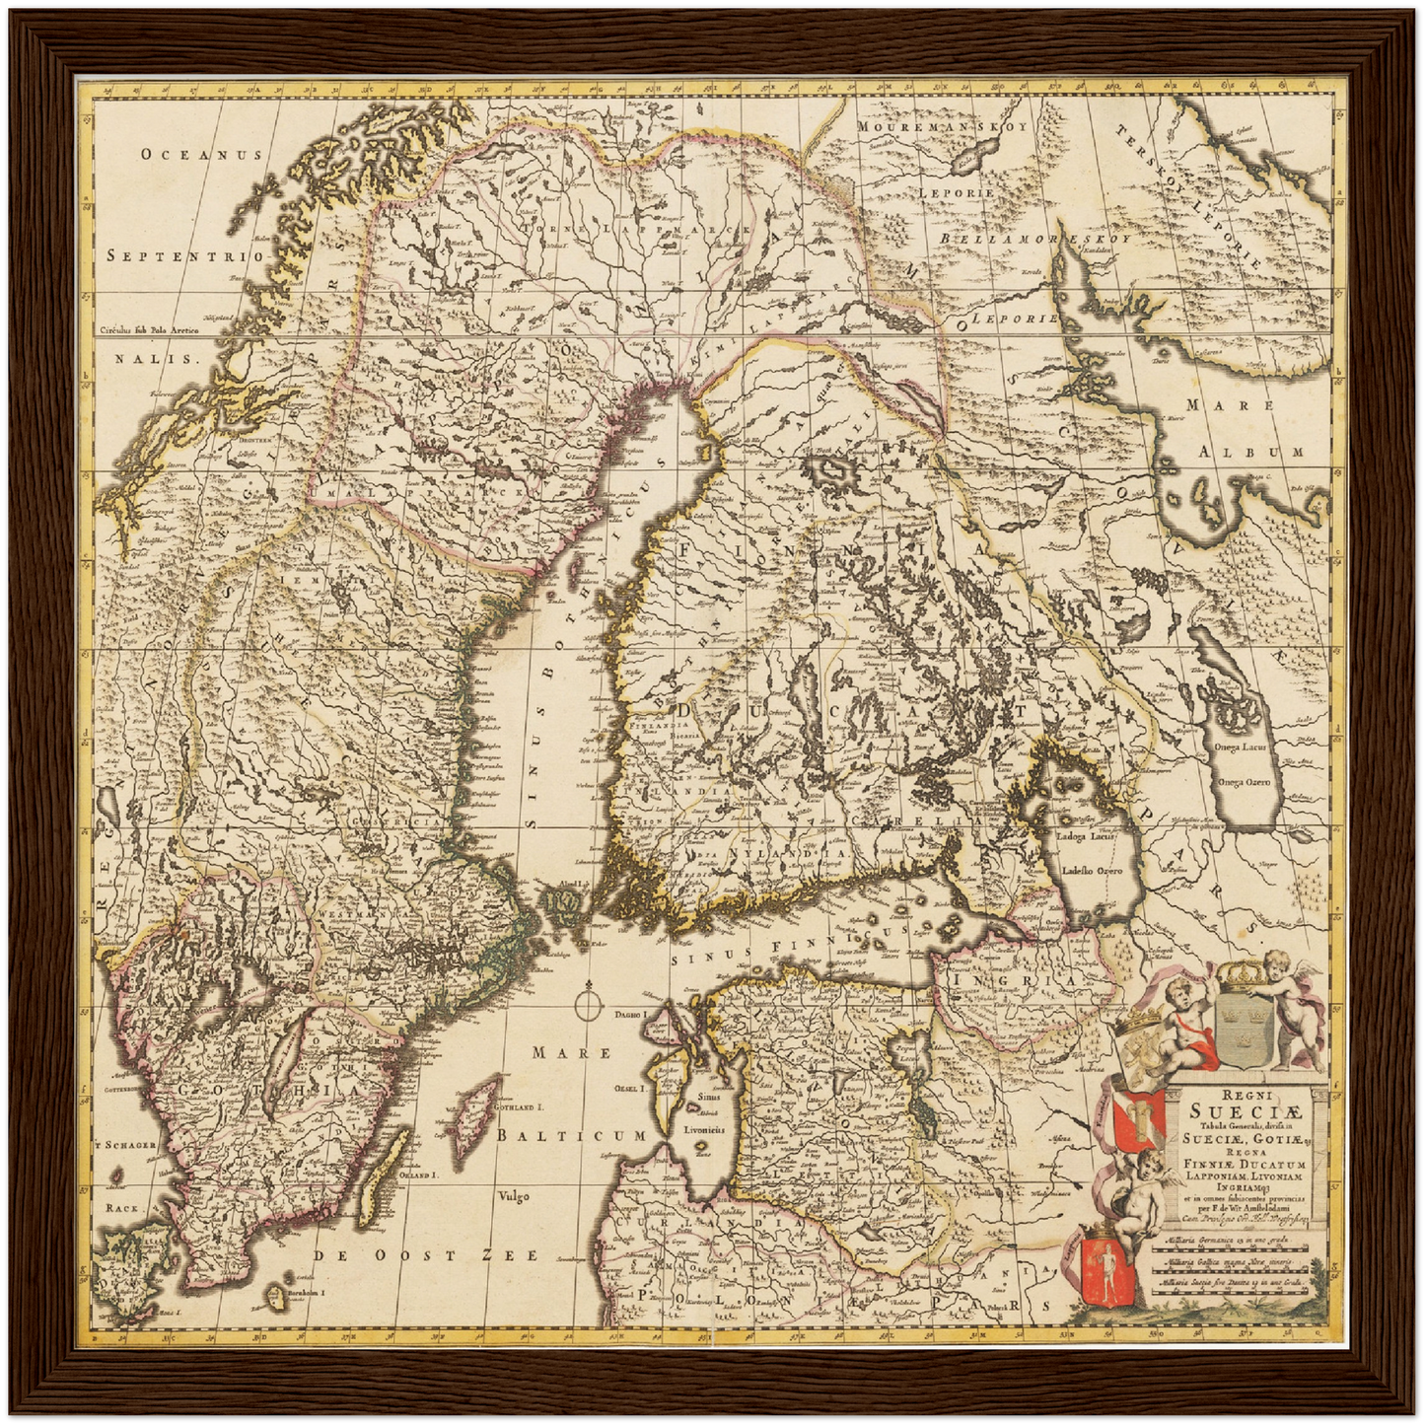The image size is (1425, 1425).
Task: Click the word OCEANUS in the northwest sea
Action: (200, 154)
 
